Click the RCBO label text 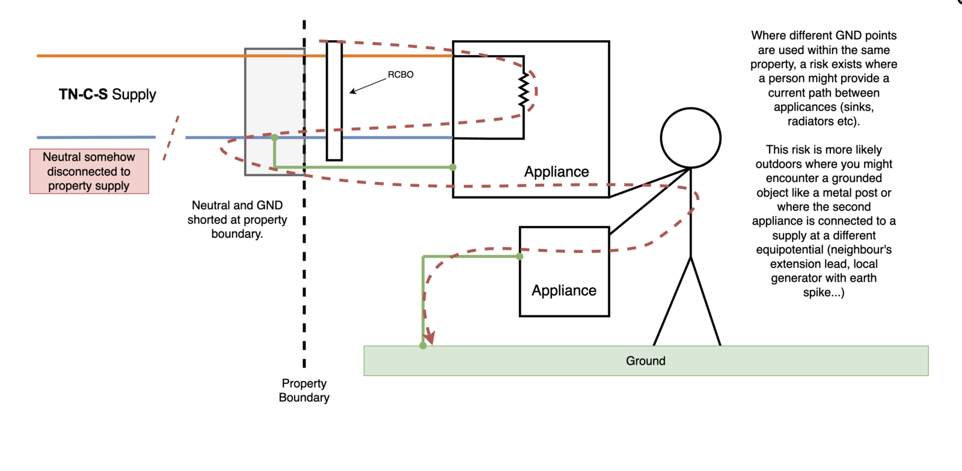400,74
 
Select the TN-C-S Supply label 108,94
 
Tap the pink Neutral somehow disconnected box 89,171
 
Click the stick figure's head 690,138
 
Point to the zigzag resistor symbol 524,90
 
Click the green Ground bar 646,360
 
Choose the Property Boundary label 304,390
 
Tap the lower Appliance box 564,272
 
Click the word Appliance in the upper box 556,172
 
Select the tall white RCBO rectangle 334,100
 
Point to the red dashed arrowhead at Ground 429,338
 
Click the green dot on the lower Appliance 519,257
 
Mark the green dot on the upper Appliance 453,167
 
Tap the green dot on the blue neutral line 275,138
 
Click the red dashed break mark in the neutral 171,138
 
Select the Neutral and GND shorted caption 237,219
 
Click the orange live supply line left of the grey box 138,56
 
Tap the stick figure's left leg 672,301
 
